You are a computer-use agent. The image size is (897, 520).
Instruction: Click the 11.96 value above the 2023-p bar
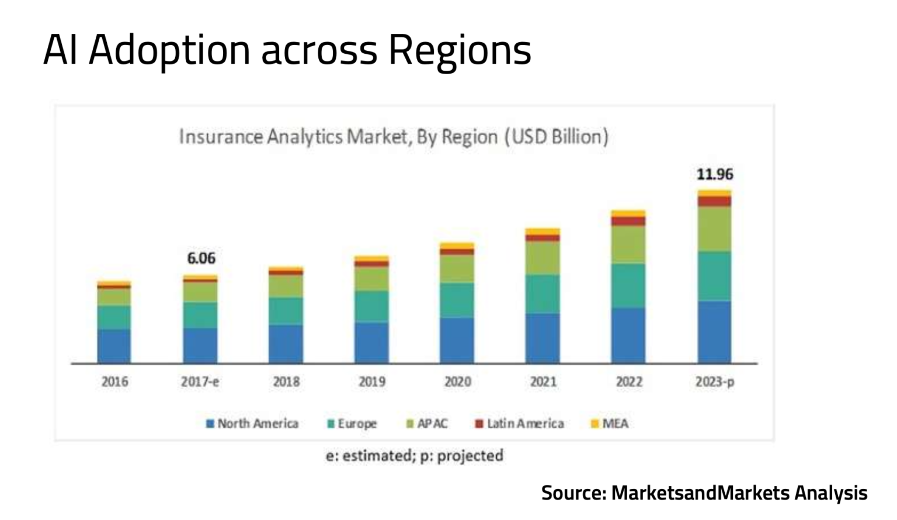click(715, 174)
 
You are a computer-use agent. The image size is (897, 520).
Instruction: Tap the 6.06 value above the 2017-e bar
click(201, 258)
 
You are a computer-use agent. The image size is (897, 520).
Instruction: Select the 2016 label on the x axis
click(114, 382)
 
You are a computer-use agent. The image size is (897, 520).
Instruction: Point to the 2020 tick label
click(457, 382)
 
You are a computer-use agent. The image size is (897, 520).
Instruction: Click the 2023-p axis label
click(715, 382)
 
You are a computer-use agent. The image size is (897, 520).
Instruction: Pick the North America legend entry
click(252, 424)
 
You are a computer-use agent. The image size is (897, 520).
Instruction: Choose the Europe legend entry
click(352, 424)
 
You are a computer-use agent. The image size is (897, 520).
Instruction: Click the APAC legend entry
click(427, 424)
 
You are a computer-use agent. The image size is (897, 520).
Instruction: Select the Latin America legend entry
click(519, 424)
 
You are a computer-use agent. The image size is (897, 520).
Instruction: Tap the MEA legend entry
click(610, 424)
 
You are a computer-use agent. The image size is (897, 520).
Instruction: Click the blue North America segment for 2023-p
click(714, 331)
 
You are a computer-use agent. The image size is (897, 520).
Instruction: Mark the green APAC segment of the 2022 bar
click(628, 244)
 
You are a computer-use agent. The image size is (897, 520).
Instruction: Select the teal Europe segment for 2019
click(371, 306)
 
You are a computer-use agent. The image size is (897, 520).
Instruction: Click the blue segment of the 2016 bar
click(114, 345)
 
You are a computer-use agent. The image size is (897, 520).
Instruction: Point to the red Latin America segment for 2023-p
click(714, 201)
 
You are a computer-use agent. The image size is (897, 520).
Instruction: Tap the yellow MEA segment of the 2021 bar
click(543, 231)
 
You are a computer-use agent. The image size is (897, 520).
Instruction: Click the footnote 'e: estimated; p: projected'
click(415, 456)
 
